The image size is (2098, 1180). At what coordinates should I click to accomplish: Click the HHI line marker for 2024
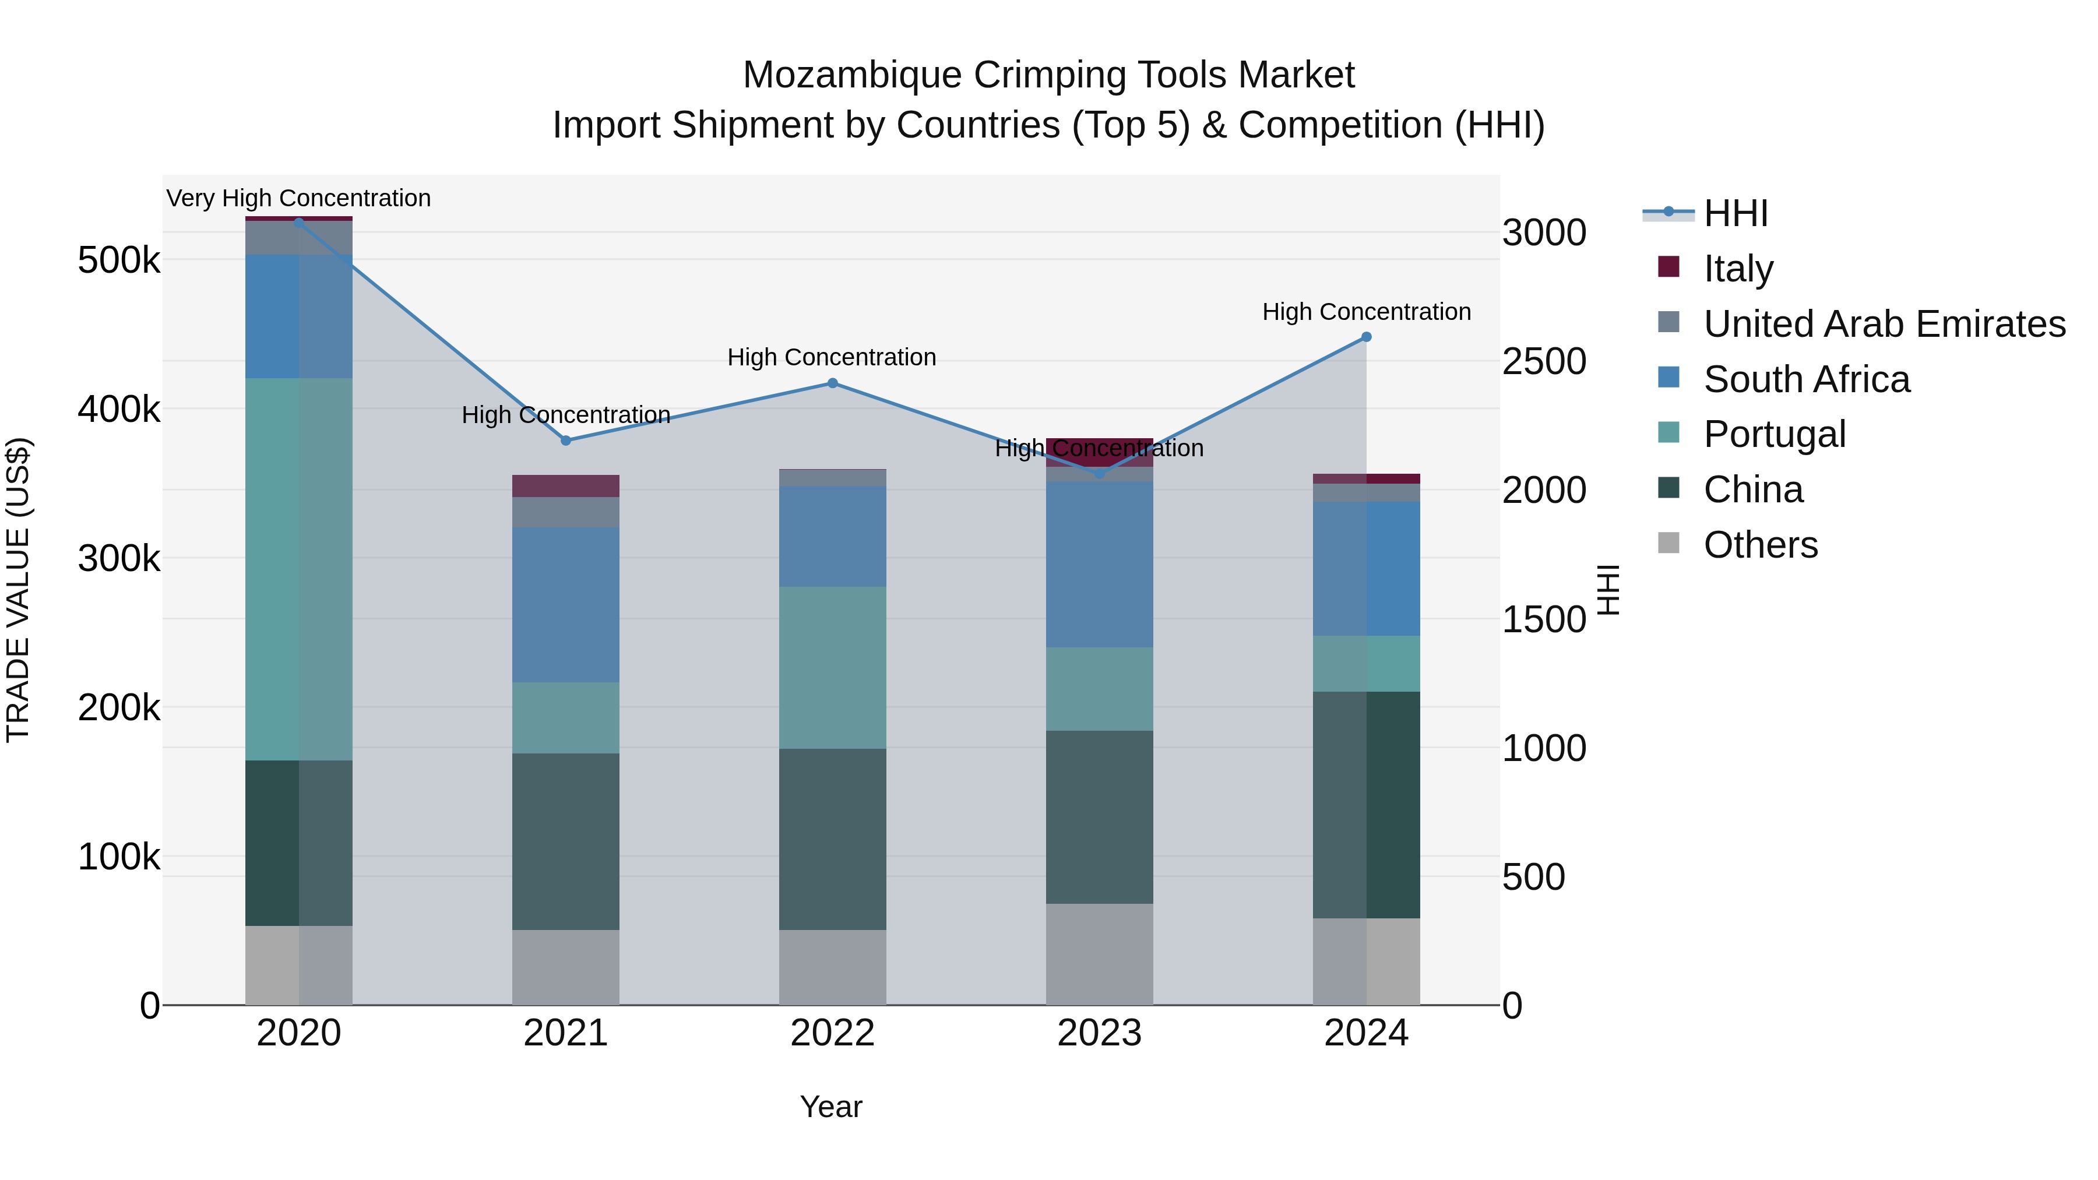[1366, 336]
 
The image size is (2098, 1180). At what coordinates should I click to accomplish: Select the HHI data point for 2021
[566, 440]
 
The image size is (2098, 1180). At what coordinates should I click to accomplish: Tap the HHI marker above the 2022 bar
[832, 383]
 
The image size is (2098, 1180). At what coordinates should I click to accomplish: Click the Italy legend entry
[1737, 268]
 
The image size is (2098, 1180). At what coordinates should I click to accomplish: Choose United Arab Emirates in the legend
[1884, 323]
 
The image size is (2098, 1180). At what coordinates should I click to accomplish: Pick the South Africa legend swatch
[1669, 377]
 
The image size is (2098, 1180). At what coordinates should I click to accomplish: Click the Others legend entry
[1759, 544]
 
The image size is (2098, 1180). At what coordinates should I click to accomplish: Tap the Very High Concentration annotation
[298, 198]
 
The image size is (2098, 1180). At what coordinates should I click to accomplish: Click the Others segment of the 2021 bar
[565, 967]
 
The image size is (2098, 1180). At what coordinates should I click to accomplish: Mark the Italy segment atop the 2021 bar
[565, 485]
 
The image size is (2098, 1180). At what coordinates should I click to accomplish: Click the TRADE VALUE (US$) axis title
[18, 590]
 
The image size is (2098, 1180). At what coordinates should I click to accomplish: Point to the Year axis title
[830, 1107]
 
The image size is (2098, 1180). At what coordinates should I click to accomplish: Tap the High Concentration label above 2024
[1366, 312]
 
